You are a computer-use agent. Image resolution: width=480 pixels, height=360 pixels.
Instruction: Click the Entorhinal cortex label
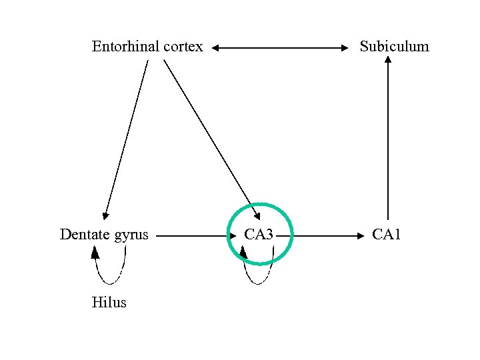(147, 47)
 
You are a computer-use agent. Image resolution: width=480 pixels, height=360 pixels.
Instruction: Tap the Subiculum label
(394, 47)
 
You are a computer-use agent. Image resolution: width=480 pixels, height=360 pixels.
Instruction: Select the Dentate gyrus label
(104, 235)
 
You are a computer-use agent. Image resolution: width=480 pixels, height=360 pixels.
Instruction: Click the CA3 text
(259, 235)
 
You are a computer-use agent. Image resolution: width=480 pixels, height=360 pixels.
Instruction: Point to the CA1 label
(387, 235)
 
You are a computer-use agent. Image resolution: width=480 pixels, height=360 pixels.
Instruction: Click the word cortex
(181, 47)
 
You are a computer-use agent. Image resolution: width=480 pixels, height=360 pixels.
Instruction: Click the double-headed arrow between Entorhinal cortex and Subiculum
(281, 48)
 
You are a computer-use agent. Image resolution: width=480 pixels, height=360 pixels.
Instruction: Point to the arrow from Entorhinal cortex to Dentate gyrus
(126, 140)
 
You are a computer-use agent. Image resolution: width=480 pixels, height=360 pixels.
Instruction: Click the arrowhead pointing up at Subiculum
(387, 60)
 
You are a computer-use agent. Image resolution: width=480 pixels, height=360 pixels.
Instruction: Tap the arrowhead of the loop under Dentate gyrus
(95, 252)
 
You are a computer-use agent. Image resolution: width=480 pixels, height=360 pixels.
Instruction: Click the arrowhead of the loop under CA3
(244, 252)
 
